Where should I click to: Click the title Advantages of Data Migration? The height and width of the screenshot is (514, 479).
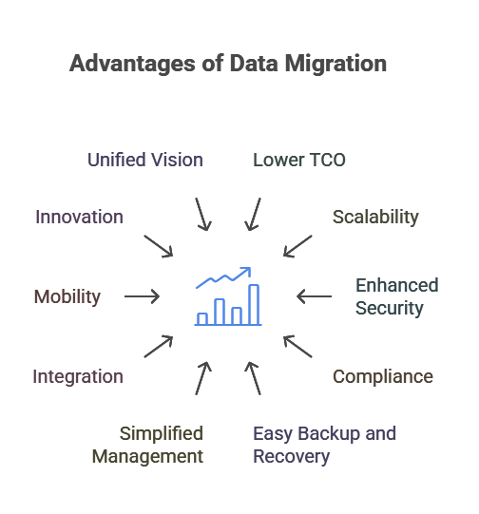tap(228, 64)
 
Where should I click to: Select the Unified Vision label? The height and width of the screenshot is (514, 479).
tap(145, 160)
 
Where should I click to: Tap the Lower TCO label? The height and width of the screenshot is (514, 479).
tap(299, 160)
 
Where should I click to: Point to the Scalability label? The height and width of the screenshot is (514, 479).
tap(375, 217)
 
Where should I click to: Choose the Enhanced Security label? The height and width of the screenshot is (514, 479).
tap(397, 296)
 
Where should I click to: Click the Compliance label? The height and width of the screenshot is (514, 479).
tap(383, 376)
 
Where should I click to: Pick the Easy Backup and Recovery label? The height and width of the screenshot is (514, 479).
tap(325, 445)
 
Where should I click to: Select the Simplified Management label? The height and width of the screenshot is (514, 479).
tap(147, 445)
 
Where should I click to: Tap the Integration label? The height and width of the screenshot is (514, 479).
tap(78, 376)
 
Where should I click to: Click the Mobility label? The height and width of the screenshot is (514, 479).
tap(67, 296)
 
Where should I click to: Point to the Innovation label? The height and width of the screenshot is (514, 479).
tap(79, 217)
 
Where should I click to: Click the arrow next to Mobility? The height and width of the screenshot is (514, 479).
tap(142, 296)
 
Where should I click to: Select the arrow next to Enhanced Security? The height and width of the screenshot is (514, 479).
tap(314, 296)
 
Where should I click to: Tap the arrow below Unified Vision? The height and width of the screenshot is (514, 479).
tap(203, 215)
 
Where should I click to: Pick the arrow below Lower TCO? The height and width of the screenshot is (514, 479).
tap(253, 215)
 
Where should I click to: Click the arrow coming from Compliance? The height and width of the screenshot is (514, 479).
tap(297, 346)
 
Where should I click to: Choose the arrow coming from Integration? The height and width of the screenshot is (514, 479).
tap(159, 346)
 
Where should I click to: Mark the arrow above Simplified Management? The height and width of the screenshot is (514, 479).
tap(203, 378)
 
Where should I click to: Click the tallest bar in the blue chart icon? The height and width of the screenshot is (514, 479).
tap(254, 305)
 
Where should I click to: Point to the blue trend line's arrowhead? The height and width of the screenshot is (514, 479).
tap(247, 271)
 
